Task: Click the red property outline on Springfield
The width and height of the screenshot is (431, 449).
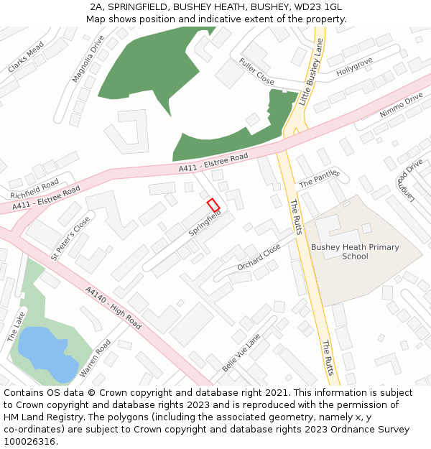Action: click(x=213, y=205)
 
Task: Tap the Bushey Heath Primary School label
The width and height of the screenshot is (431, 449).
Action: click(x=355, y=252)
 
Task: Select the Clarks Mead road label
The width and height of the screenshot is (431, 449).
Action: click(x=26, y=57)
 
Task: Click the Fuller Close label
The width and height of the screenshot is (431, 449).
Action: click(x=256, y=71)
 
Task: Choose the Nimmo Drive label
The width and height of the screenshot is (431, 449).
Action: click(x=401, y=106)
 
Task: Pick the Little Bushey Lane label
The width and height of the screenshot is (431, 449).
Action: click(x=312, y=73)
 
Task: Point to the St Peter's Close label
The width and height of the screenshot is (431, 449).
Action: click(x=70, y=238)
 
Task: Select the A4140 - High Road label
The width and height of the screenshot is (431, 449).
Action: click(x=113, y=309)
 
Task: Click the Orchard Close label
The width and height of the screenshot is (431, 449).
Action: click(x=259, y=257)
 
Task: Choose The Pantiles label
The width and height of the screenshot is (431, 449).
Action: click(x=319, y=179)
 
